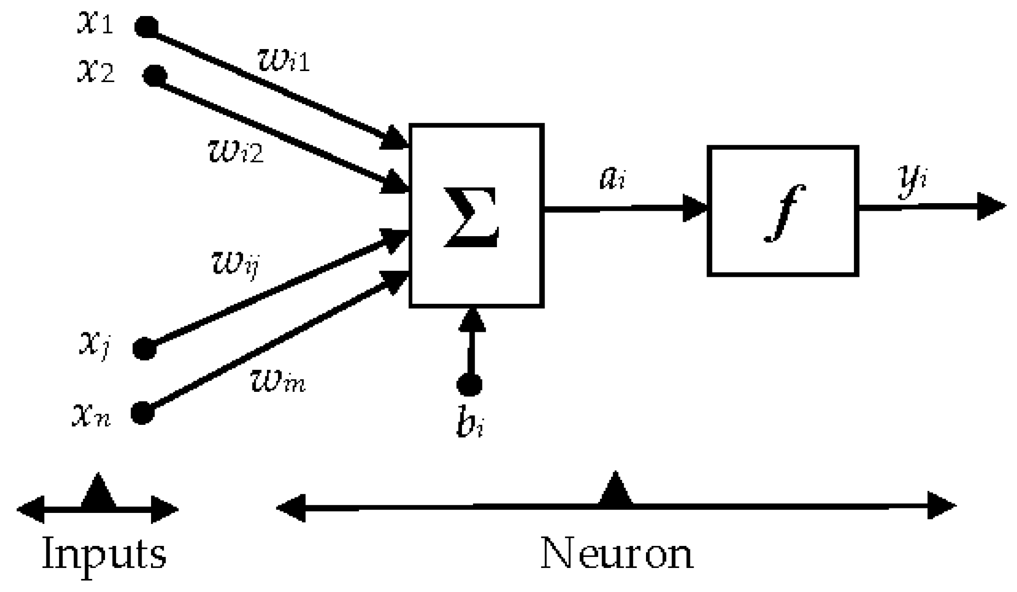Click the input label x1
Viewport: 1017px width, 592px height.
(95, 24)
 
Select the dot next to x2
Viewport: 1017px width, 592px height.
(154, 76)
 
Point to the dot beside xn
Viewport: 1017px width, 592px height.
(142, 413)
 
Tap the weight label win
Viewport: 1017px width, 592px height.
(277, 383)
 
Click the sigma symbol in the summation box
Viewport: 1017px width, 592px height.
(471, 216)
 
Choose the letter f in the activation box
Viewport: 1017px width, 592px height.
(784, 213)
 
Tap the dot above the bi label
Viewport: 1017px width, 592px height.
(469, 384)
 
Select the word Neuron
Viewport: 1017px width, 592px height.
(617, 553)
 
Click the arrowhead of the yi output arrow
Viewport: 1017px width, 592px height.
(991, 206)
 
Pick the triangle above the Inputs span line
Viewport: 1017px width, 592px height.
(98, 491)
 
